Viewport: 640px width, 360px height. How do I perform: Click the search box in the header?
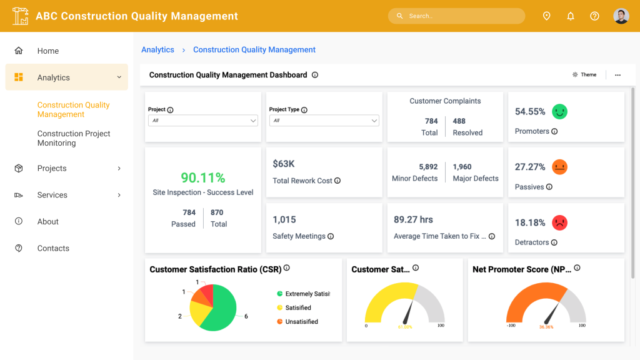[x=456, y=16]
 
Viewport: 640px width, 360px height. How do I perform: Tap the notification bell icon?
[x=571, y=16]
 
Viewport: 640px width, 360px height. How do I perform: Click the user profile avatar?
[x=621, y=16]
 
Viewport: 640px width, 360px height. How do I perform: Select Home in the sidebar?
[x=47, y=51]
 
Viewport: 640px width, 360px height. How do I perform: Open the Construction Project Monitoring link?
[x=74, y=138]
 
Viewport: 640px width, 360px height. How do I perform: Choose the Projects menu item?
[x=52, y=168]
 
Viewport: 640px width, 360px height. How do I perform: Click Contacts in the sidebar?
[x=53, y=248]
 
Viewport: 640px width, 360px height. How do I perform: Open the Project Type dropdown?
[x=324, y=121]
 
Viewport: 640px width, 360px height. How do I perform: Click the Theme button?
[x=584, y=75]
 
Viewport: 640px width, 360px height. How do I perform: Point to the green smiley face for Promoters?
[x=559, y=111]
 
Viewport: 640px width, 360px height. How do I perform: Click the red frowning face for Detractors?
[x=559, y=222]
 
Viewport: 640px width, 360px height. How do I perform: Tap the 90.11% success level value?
[x=203, y=177]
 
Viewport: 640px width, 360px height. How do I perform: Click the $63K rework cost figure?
[x=284, y=164]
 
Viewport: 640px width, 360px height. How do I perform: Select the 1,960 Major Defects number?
[x=462, y=166]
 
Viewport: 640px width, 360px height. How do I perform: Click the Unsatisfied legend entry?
[x=297, y=322]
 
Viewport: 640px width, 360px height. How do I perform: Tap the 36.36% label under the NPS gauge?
[x=546, y=327]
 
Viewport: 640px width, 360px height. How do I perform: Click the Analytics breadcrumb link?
[x=157, y=50]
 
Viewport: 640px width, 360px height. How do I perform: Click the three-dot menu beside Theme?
[x=617, y=75]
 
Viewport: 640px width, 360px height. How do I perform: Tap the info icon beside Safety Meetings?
[x=331, y=236]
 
